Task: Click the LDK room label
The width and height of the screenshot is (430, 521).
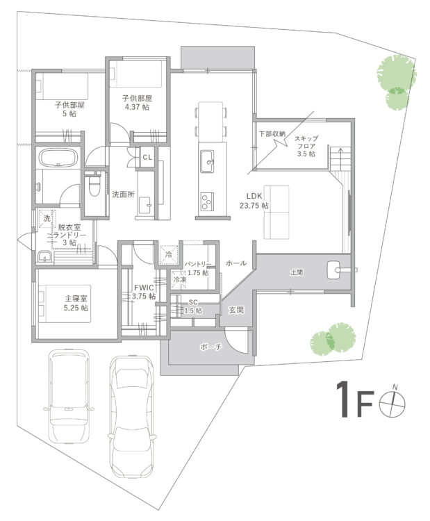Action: click(254, 201)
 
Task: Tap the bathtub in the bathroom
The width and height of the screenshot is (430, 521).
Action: click(58, 157)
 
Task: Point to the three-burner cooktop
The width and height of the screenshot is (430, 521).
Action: click(207, 201)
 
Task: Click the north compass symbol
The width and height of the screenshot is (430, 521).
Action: click(392, 403)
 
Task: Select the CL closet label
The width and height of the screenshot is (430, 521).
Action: click(147, 157)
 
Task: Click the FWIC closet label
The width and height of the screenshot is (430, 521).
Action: click(144, 292)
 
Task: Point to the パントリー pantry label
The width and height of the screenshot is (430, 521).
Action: click(198, 268)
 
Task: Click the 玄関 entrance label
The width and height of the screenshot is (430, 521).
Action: click(236, 310)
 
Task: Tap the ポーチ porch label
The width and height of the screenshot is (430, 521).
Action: click(211, 347)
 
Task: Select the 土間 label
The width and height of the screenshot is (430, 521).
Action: click(297, 272)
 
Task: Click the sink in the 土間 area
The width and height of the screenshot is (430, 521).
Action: click(334, 270)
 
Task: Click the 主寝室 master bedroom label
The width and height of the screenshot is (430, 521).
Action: click(76, 303)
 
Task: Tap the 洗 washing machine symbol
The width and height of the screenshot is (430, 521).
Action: click(47, 218)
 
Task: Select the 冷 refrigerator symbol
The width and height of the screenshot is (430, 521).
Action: click(169, 254)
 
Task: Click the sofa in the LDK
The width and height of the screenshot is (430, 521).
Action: click(276, 212)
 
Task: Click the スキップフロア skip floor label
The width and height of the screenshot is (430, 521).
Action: click(306, 146)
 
